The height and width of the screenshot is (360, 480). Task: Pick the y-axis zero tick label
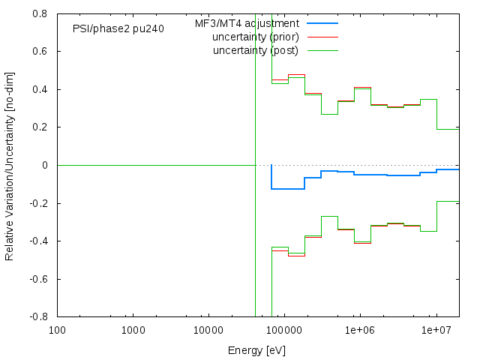pos(46,165)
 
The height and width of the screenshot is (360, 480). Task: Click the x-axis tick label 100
pos(57,331)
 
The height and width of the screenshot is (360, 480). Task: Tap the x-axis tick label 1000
pos(133,331)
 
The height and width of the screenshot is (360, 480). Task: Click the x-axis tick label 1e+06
pos(359,331)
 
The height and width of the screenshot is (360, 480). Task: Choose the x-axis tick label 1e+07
pos(435,331)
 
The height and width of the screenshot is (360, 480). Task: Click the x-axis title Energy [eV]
pos(256,350)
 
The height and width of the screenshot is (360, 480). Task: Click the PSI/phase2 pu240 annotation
pos(118,28)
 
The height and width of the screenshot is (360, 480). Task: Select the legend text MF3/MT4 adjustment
pos(247,23)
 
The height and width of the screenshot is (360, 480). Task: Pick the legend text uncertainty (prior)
pos(256,37)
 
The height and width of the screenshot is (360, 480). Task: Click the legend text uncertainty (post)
pos(256,50)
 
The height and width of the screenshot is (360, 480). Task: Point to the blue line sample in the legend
pos(322,23)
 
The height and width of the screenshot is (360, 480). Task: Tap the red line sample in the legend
pos(322,37)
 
